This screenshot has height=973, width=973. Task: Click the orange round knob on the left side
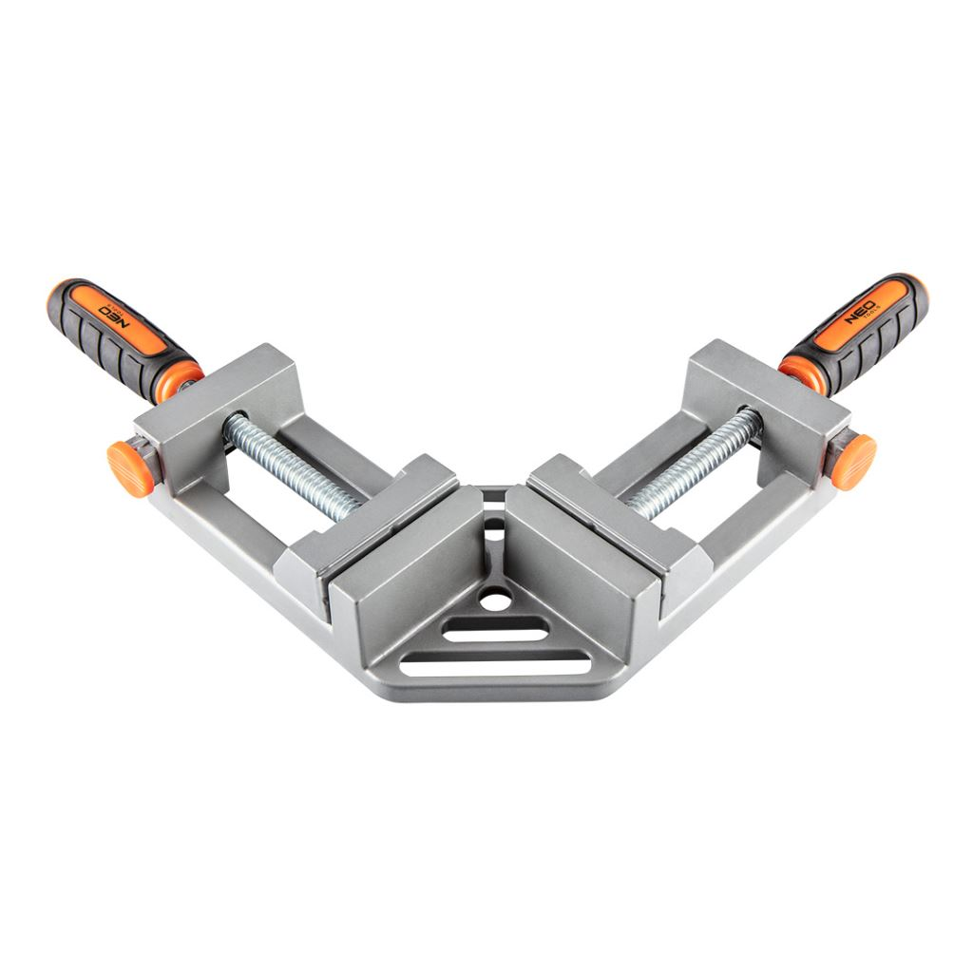130,468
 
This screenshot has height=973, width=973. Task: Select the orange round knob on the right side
854,461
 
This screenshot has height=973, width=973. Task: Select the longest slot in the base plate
494,667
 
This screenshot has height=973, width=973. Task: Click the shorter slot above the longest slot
496,631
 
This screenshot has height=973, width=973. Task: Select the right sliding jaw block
618,518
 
